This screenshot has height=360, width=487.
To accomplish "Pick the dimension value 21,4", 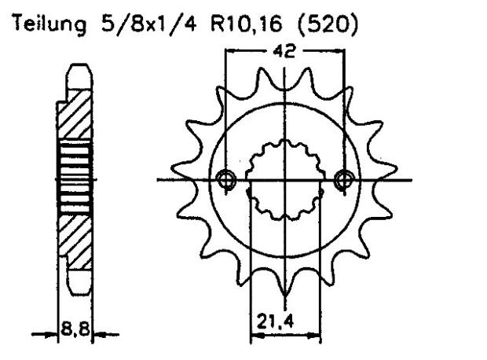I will click(x=284, y=321).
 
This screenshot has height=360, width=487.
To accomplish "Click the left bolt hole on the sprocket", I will click(x=228, y=180).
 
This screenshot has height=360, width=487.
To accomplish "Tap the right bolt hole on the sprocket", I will click(x=342, y=180).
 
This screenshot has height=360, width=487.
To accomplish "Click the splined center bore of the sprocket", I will click(x=284, y=180).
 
